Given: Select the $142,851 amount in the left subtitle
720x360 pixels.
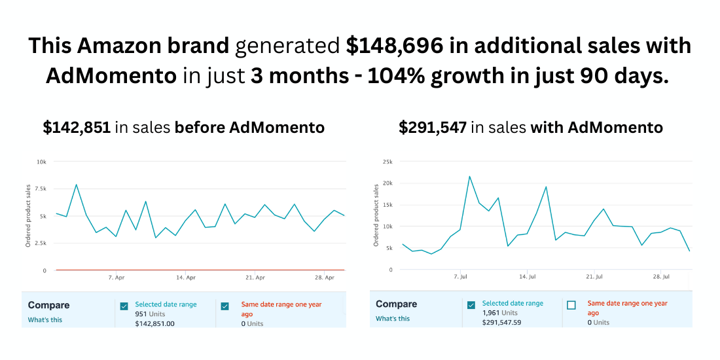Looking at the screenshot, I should coord(77,128).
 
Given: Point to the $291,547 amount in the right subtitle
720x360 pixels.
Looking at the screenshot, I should coord(432,128).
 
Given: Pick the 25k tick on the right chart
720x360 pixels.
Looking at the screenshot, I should coord(387,161).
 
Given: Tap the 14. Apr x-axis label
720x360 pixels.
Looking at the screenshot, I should coord(186,278).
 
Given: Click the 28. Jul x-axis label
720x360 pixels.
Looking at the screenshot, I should coord(661,277).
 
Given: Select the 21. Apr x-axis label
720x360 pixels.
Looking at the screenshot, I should coord(255,278).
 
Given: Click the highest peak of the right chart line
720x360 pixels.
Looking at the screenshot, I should coord(469,176).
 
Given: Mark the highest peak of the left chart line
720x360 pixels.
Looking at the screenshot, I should coord(77,185).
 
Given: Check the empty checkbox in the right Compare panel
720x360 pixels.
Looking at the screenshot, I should coord(571,305).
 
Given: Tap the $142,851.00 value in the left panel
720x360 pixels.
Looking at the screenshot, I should coord(154,323).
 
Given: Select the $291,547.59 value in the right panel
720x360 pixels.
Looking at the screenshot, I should coord(501,322).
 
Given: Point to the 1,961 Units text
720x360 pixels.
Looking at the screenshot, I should coord(500,313).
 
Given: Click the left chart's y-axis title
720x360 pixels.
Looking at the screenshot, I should coord(28,215).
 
